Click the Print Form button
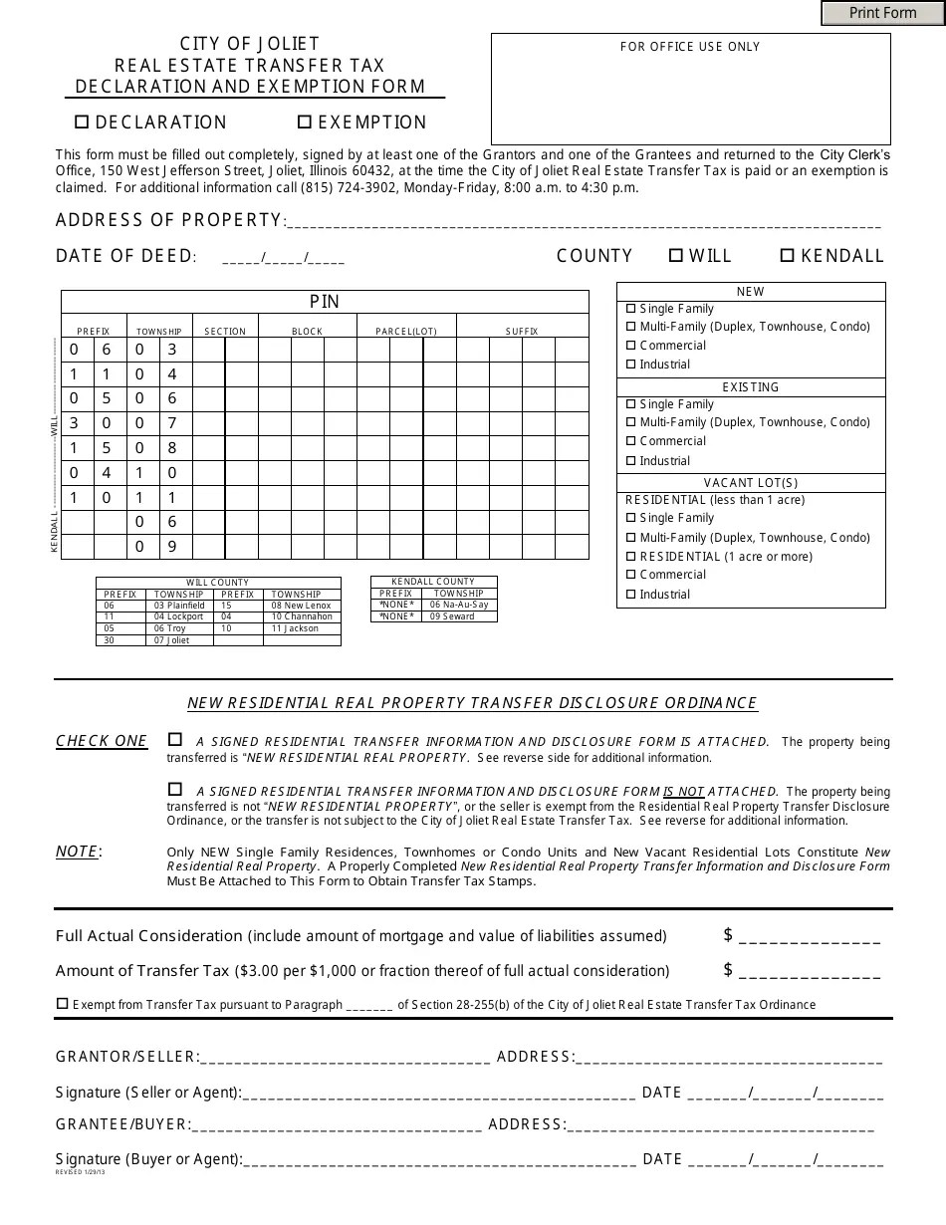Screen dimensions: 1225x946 [882, 13]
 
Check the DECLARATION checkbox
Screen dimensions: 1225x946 [83, 122]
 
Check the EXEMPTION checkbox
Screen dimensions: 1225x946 [305, 122]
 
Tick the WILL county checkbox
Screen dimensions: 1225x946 [676, 256]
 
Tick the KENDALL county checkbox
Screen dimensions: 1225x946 [787, 256]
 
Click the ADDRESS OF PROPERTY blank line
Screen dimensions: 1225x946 [583, 222]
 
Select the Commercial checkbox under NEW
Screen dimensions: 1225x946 [630, 346]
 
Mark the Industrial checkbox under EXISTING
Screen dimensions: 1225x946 [630, 461]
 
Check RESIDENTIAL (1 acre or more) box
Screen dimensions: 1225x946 [630, 557]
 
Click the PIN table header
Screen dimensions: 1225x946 [325, 302]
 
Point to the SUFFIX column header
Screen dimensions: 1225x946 [522, 331]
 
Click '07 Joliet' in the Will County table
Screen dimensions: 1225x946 [171, 640]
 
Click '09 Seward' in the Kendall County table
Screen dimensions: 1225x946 [452, 616]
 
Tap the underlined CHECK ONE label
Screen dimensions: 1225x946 [102, 741]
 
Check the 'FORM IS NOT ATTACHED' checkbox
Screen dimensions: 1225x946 [175, 789]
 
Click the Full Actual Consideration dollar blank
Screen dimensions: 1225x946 [810, 937]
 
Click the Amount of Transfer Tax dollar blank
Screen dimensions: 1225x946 [810, 972]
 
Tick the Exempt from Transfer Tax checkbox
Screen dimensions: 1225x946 [63, 1004]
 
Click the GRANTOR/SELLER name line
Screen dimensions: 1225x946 [345, 1058]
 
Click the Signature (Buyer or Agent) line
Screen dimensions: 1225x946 [438, 1160]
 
